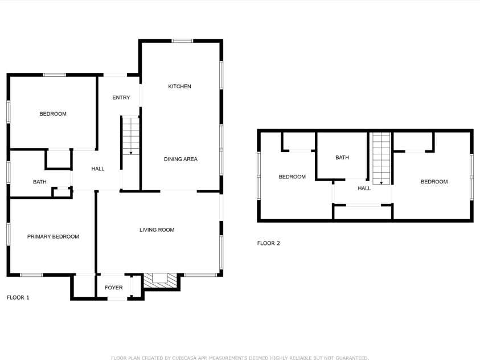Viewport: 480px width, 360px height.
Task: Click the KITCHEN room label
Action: coord(180,87)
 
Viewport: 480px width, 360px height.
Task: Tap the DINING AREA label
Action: coord(180,159)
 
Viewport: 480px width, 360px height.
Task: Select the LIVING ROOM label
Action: coord(157,230)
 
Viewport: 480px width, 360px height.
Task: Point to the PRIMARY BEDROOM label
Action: coord(54,236)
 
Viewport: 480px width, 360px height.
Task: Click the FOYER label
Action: coord(113,288)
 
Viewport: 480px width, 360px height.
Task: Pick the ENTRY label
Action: coord(121,97)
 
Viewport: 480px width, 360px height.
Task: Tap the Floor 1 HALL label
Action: coord(98,169)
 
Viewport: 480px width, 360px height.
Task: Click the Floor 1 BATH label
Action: coord(40,182)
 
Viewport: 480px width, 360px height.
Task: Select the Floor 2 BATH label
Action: coord(342,158)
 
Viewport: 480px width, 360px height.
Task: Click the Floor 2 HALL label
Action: coord(364,189)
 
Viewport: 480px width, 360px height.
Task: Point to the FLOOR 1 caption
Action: coord(18,297)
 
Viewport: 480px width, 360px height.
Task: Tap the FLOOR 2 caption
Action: coord(268,243)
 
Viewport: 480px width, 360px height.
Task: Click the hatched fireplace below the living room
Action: coord(161,281)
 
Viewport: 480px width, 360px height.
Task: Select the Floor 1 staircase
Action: coord(131,135)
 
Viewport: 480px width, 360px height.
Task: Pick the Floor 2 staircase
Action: coord(381,158)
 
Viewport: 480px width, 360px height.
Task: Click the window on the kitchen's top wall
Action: coord(182,40)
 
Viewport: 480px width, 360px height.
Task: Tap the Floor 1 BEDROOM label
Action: coord(53,114)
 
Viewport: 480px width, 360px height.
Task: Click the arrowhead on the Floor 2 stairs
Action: coord(381,183)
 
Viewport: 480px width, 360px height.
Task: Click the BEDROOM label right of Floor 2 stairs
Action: coord(434,182)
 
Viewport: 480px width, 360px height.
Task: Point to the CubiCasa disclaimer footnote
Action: coord(240,358)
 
